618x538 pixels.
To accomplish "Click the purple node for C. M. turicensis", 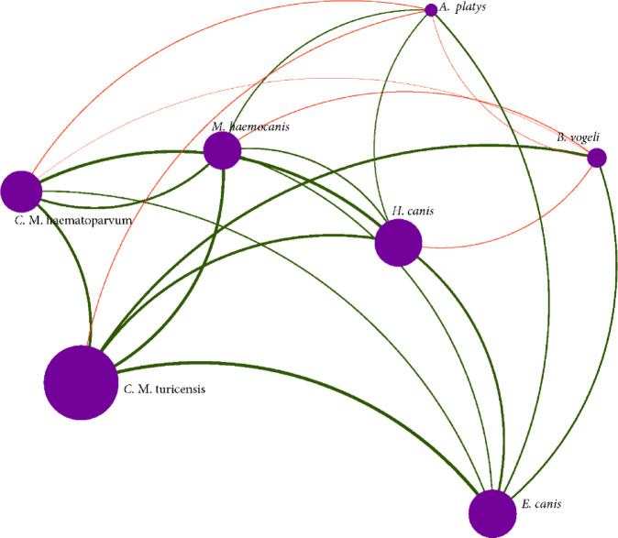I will point(81,382).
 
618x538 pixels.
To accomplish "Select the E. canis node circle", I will point(492,512).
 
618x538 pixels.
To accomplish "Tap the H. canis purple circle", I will point(398,243).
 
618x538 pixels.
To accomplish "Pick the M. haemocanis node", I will point(222,150).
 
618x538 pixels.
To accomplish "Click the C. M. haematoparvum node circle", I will point(21,192).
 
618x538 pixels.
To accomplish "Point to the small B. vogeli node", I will point(596,158).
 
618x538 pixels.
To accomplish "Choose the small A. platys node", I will point(431,10).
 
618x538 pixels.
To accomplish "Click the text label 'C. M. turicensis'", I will point(164,389).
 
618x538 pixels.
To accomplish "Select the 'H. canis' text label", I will point(412,211).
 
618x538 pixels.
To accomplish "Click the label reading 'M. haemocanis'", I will point(250,127).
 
